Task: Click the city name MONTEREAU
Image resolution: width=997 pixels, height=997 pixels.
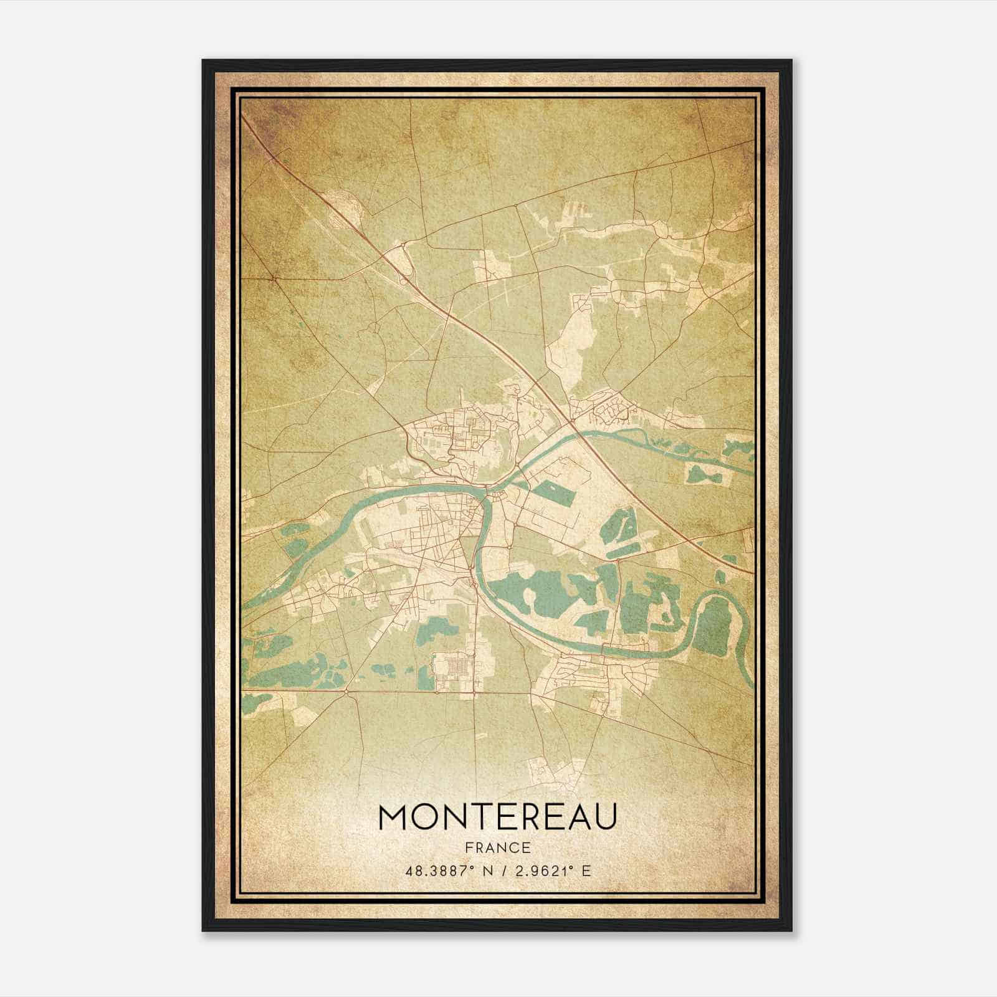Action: click(498, 817)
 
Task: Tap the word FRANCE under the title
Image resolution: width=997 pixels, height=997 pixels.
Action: click(498, 848)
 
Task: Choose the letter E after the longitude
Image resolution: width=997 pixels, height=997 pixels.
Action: click(585, 871)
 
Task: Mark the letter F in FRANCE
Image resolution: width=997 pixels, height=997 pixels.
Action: click(467, 848)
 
